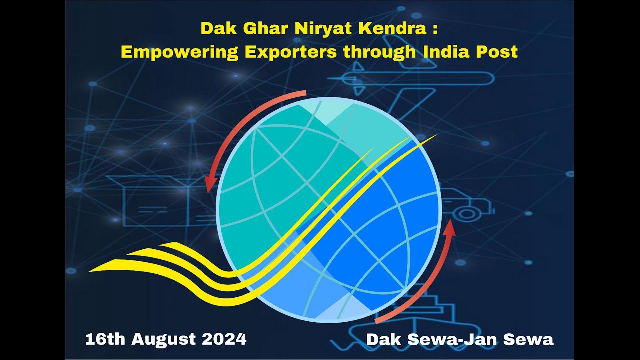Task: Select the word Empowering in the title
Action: (179, 52)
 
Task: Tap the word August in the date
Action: (164, 339)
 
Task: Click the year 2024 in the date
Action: (225, 339)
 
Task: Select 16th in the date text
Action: (105, 339)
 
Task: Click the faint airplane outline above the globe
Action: (415, 80)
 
